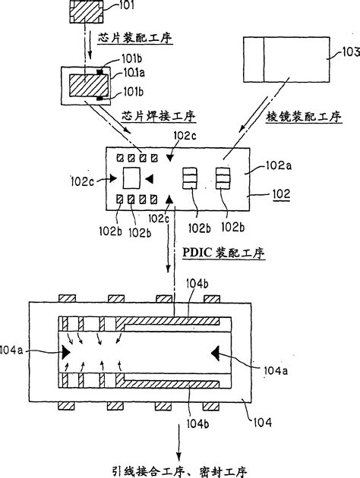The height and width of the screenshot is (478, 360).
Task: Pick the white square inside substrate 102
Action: tap(132, 178)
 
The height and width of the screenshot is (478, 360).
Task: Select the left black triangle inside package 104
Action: tap(66, 351)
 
